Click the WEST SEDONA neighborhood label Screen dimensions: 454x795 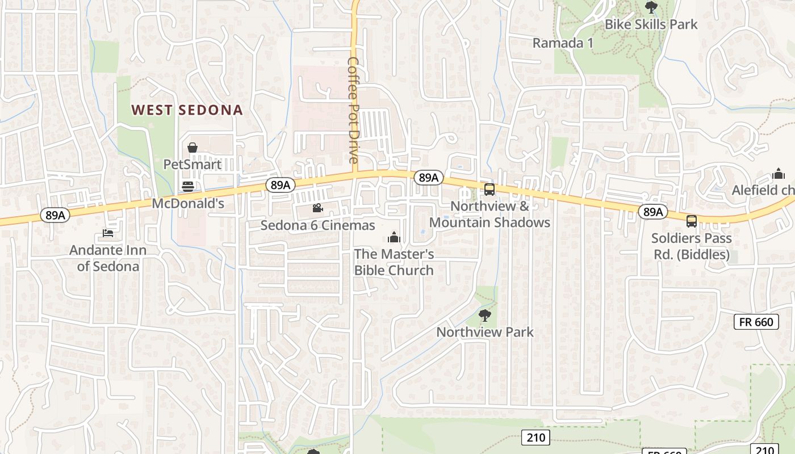(x=187, y=110)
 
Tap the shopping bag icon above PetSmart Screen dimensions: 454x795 (x=193, y=148)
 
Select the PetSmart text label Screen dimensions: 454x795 (x=192, y=165)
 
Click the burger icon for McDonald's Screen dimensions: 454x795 (x=188, y=186)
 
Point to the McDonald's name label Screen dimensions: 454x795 (x=189, y=203)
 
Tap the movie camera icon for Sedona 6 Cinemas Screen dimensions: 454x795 (x=317, y=208)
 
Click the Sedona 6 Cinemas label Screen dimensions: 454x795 (x=317, y=225)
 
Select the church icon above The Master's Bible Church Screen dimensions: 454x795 (x=394, y=237)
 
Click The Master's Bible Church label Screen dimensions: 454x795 (x=394, y=262)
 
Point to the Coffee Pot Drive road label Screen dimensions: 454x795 (x=353, y=110)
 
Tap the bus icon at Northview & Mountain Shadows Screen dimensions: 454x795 (x=489, y=189)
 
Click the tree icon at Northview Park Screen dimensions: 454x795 (x=484, y=315)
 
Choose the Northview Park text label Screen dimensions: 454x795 (x=485, y=332)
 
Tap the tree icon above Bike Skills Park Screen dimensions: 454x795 (x=651, y=7)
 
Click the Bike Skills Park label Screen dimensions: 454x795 (x=651, y=24)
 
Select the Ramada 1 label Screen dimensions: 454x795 (x=563, y=43)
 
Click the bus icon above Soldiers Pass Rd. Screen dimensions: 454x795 (x=691, y=221)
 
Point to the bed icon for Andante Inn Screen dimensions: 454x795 (x=108, y=233)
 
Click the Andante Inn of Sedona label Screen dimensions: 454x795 (x=108, y=258)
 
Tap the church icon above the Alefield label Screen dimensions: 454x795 (x=779, y=174)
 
